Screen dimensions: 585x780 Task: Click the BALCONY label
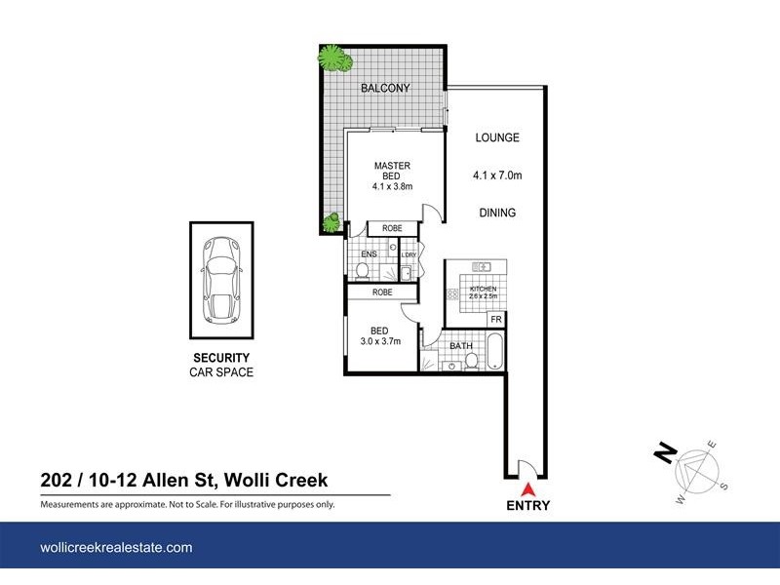[x=384, y=89]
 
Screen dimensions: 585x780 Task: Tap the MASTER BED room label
[x=393, y=171]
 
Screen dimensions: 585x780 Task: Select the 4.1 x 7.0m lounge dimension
[x=496, y=176]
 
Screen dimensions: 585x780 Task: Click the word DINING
[x=496, y=213]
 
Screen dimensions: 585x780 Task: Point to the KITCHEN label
[x=484, y=290]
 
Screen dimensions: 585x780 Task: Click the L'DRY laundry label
[x=409, y=255]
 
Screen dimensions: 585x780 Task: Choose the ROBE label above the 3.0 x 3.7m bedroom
[x=382, y=292]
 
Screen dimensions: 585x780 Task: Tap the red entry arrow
[x=528, y=489]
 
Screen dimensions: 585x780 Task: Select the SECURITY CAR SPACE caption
[x=220, y=365]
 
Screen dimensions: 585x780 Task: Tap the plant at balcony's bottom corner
[x=331, y=222]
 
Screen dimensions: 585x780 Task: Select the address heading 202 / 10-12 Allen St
[x=183, y=480]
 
